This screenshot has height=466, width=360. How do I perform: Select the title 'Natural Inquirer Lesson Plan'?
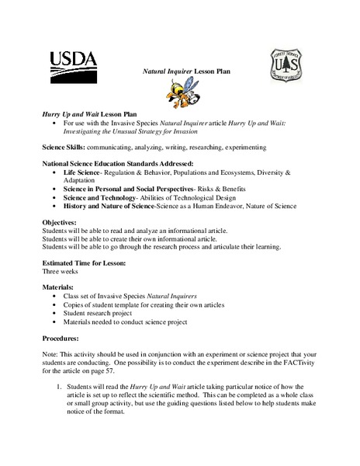coord(187,71)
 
